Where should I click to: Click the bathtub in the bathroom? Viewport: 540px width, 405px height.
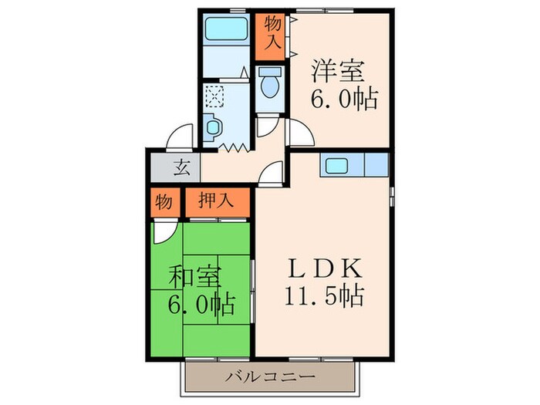click(x=226, y=33)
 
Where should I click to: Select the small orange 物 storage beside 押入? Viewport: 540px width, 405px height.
click(x=163, y=202)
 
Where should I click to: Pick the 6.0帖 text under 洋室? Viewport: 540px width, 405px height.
click(x=344, y=99)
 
